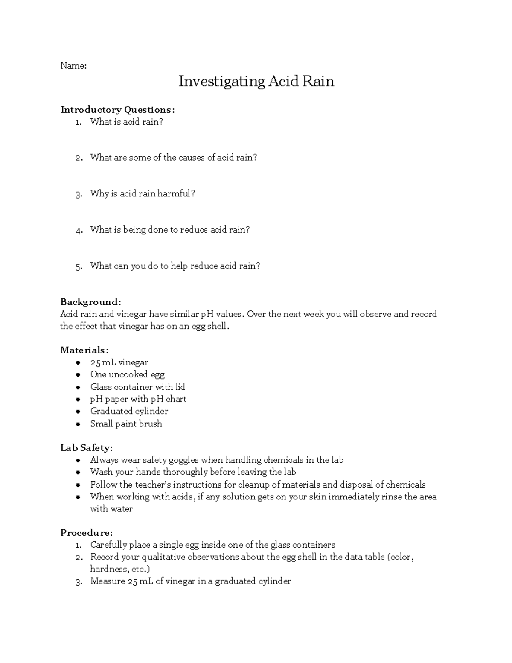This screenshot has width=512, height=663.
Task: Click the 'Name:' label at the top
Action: click(x=73, y=66)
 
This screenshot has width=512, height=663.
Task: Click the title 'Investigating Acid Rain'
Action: click(x=256, y=81)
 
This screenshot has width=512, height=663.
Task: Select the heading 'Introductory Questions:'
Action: click(x=117, y=110)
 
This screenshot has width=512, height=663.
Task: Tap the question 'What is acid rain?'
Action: click(x=127, y=122)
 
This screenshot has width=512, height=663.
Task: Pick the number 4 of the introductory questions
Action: click(x=78, y=231)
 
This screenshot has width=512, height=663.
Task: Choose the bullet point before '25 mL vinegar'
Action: click(x=78, y=363)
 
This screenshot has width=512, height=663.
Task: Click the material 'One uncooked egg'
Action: click(x=127, y=375)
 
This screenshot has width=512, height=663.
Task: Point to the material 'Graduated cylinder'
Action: click(x=129, y=411)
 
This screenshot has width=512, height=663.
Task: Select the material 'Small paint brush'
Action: click(x=126, y=424)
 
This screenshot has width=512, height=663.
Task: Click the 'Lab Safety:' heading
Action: click(x=87, y=448)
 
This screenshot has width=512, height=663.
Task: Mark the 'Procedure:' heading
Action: click(x=87, y=533)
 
